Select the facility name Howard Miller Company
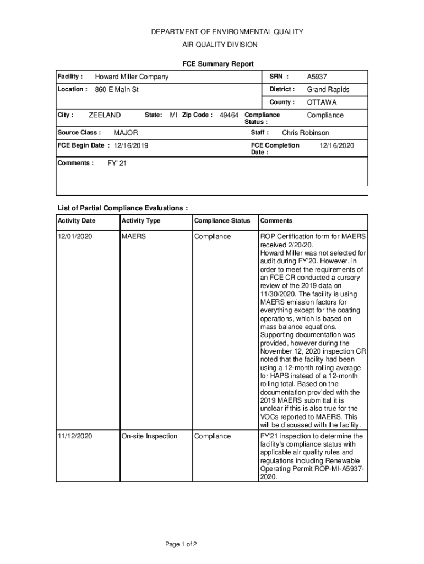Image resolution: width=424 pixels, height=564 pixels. [132, 77]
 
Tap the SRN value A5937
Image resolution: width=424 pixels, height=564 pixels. [317, 77]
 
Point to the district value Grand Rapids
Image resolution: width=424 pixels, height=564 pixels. [328, 90]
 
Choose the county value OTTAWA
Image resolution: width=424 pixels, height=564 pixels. [322, 102]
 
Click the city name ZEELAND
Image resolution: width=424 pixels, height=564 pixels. [105, 115]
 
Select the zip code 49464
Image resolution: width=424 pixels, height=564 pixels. [229, 115]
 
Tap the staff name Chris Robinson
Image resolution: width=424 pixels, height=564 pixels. [305, 133]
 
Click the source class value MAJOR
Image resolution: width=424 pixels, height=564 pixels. [126, 133]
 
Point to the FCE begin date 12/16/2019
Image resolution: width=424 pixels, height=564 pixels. [131, 146]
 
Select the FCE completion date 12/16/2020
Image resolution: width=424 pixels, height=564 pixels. [336, 145]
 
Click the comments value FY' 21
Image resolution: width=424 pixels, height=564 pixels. [117, 164]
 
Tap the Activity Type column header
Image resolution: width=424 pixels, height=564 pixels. [141, 221]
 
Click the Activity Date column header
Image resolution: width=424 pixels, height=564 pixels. [77, 221]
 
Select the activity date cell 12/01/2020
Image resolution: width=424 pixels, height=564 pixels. [75, 237]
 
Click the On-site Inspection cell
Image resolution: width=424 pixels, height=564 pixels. [149, 436]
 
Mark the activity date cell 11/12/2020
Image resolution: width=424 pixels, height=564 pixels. [75, 436]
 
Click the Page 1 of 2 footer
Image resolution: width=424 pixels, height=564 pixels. [181, 545]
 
